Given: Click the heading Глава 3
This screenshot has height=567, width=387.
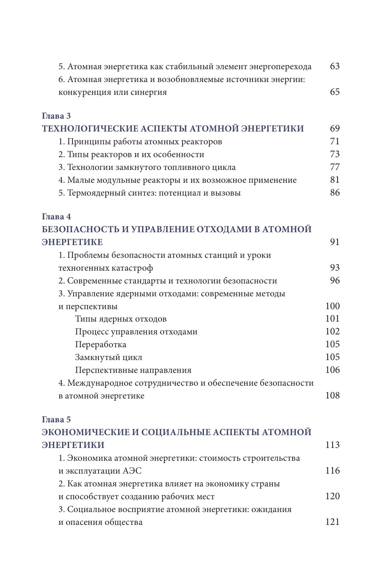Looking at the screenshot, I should pos(56,116).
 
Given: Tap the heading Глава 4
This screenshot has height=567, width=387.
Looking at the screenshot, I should pos(56,216).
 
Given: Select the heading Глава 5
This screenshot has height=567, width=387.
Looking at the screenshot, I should pos(56,419).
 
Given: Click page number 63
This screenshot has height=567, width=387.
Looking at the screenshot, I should pos(335,66).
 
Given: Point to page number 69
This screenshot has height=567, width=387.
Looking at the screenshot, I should pos(335,129).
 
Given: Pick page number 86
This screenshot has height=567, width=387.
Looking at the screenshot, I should pos(335,193).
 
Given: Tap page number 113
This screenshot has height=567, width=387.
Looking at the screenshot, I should pos(332,445).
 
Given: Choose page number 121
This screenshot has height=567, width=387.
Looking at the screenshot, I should pos(332,522).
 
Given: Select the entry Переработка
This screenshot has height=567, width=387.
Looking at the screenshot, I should pos(101,345).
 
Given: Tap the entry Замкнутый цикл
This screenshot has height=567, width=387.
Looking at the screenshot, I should pos(108,357).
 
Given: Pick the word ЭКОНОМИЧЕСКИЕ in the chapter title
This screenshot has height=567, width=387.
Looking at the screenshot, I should pos(85,432).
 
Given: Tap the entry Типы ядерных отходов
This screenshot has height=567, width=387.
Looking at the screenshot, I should pos(121,319).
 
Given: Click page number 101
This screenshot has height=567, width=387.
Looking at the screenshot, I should pos(332,319).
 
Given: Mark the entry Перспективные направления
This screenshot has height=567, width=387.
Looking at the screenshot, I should pos(133,370).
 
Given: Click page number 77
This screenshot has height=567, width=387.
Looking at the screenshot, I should pos(335,167).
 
